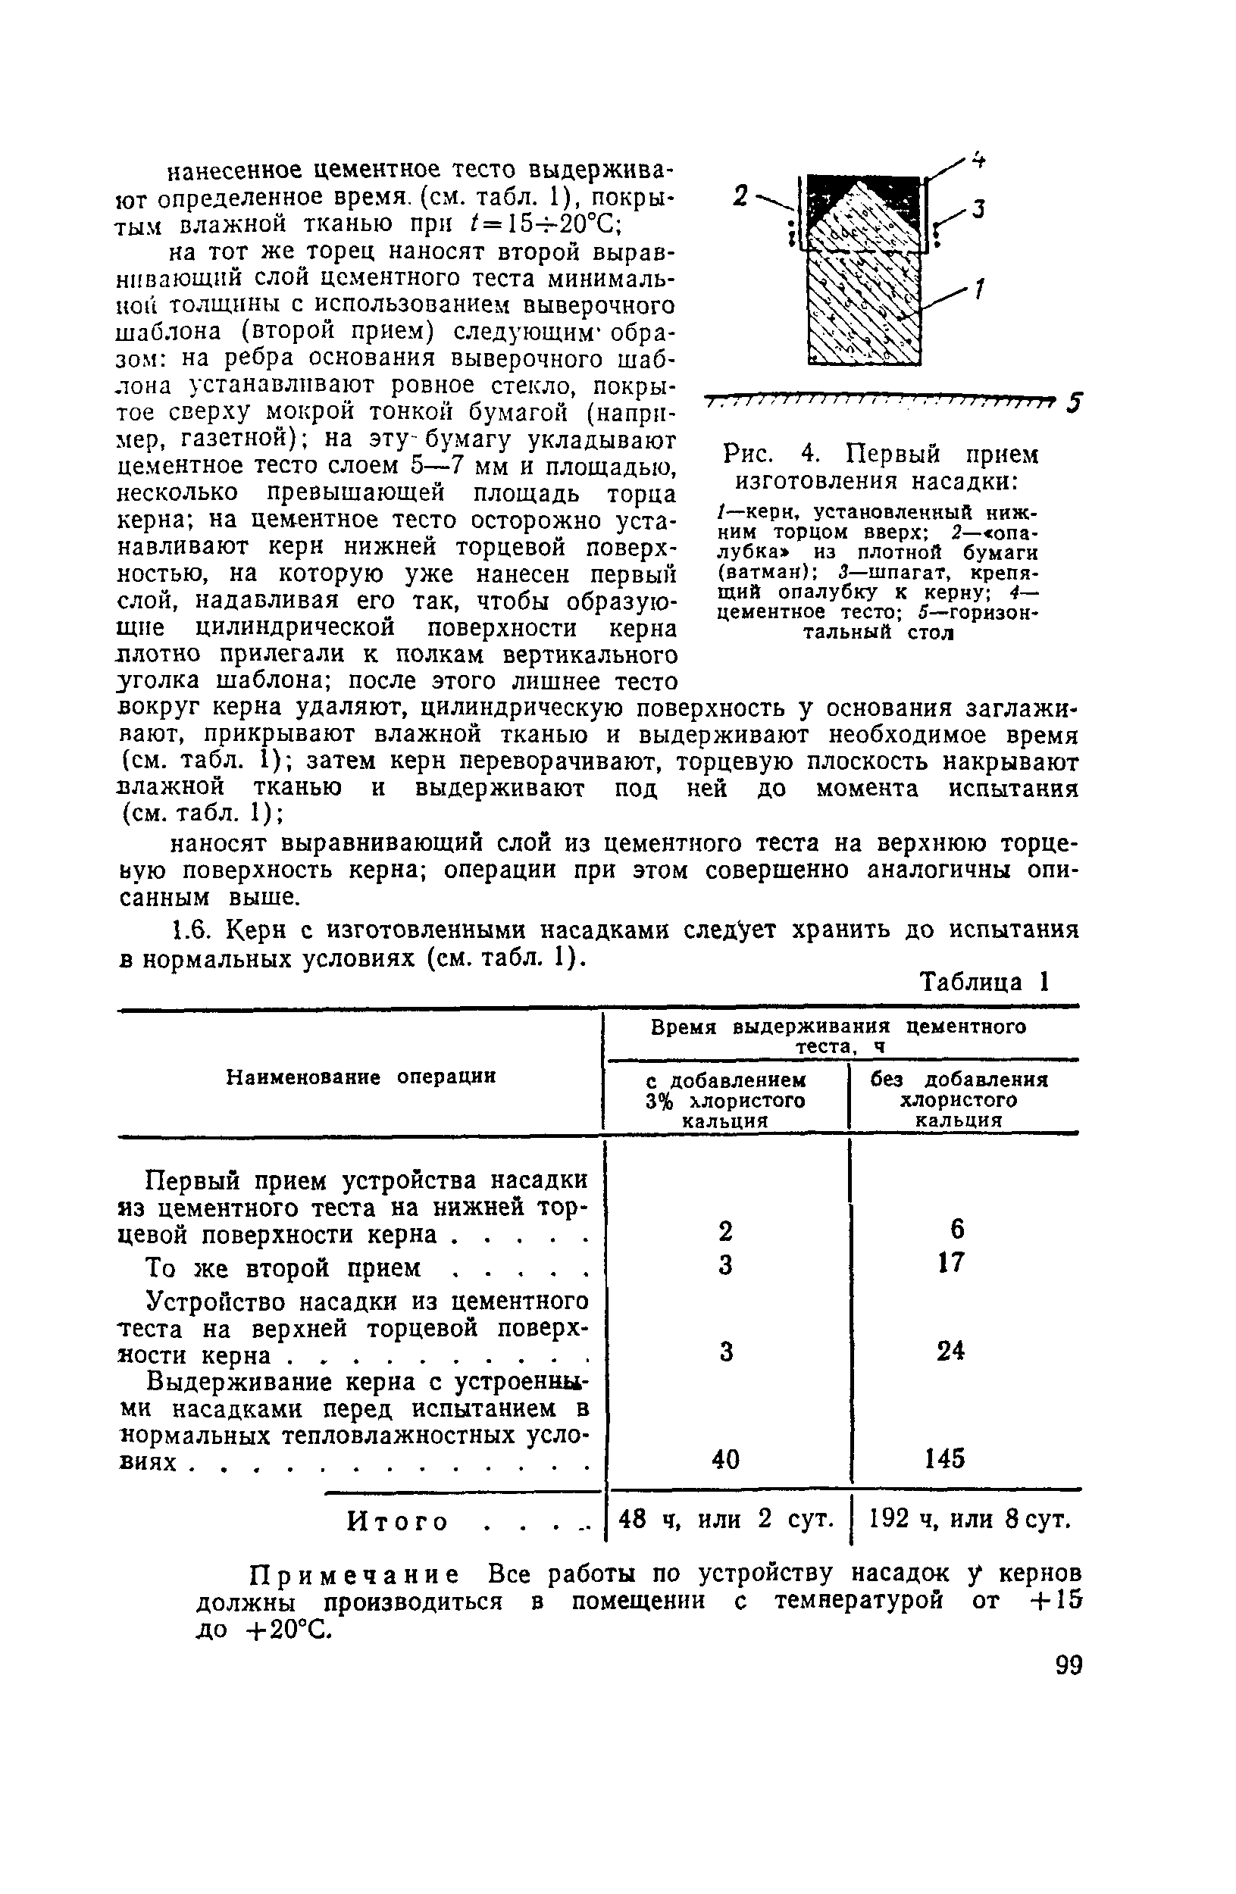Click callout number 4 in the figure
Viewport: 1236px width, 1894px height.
click(978, 160)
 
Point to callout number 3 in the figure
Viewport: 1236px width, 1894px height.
click(978, 210)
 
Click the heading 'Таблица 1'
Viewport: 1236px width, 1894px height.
click(984, 982)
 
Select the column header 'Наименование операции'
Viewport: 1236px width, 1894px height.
click(361, 1077)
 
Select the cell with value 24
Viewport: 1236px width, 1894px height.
click(950, 1351)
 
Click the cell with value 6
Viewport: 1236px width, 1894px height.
click(956, 1230)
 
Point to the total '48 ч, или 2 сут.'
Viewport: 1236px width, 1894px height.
click(726, 1520)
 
